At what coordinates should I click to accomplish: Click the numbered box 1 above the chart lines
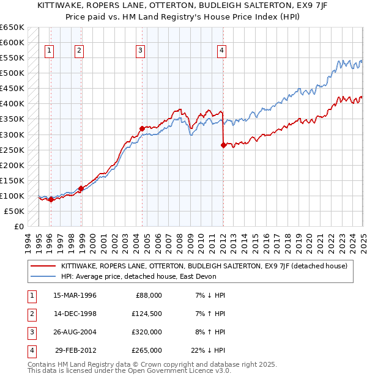point(49,51)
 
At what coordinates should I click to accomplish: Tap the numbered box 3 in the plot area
point(140,51)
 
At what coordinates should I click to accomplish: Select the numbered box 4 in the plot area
point(221,51)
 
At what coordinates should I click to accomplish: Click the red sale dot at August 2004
point(141,128)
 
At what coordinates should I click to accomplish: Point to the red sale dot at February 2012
point(223,145)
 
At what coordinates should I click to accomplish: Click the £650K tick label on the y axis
point(12,28)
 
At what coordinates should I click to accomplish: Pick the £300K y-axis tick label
point(12,134)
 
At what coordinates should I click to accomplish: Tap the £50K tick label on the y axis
point(15,211)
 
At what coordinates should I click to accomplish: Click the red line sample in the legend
point(43,266)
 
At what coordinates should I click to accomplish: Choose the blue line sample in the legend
point(43,276)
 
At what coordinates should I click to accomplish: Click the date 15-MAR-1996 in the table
point(75,295)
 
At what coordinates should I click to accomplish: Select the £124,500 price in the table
point(147,314)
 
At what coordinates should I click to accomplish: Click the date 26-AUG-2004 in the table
point(75,332)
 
